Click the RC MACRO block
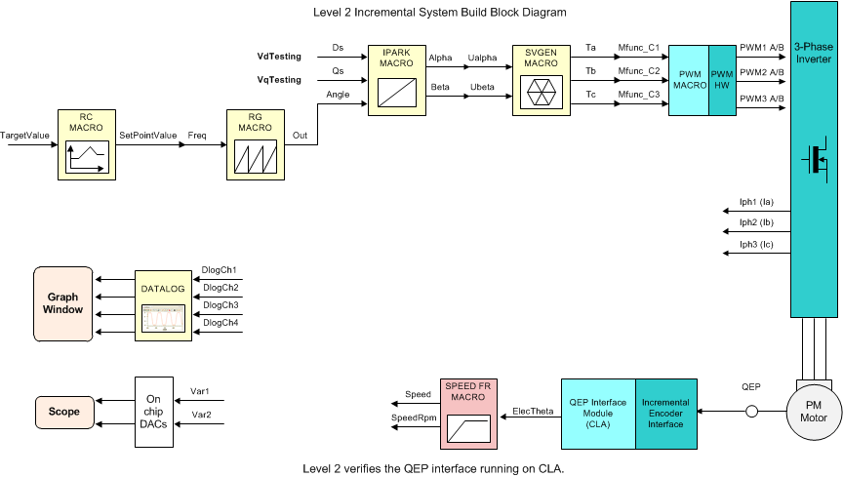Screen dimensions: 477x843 point(87,143)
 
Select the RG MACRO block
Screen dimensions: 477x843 point(255,143)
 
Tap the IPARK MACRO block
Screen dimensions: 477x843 point(397,81)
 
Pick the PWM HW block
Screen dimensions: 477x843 point(722,81)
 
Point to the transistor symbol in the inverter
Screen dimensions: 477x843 point(813,159)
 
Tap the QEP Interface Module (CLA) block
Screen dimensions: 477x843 point(597,412)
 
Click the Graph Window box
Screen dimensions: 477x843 point(62,303)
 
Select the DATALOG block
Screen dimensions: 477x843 point(163,303)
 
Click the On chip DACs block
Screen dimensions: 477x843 point(154,412)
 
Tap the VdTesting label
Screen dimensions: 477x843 point(278,57)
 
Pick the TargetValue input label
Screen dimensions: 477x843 point(25,136)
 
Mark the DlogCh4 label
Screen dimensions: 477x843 point(220,323)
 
